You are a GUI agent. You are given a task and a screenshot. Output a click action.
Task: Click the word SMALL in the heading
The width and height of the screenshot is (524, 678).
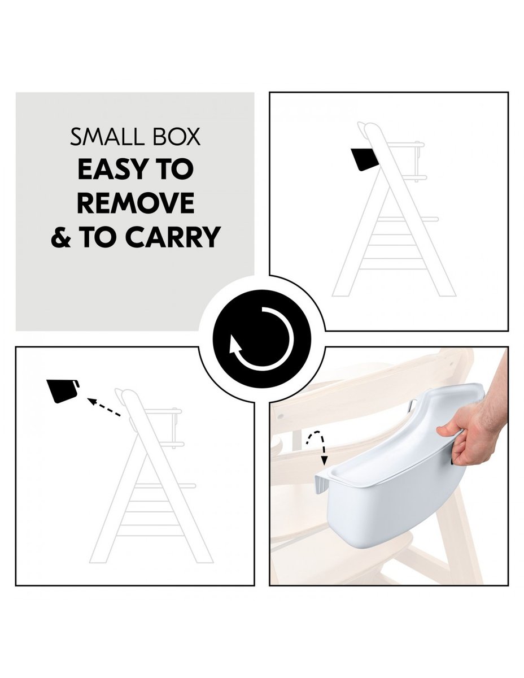[x=107, y=137]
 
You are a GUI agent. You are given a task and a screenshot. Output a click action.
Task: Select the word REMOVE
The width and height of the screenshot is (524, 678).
[x=136, y=203]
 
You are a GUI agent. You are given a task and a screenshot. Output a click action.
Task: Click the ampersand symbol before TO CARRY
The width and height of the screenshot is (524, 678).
[x=61, y=237]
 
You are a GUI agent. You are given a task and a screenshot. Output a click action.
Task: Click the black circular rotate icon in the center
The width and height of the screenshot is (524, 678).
[x=262, y=338]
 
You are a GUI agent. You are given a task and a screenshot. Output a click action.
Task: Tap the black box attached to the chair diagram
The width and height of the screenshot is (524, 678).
[x=365, y=159]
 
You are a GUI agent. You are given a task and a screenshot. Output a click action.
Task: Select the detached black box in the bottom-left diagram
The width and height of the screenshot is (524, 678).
[x=63, y=391]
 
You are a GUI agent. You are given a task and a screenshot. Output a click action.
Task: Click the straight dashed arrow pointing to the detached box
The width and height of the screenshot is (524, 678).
[x=104, y=407]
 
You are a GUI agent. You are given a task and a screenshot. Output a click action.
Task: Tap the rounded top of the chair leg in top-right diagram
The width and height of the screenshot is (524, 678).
[x=370, y=127]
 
